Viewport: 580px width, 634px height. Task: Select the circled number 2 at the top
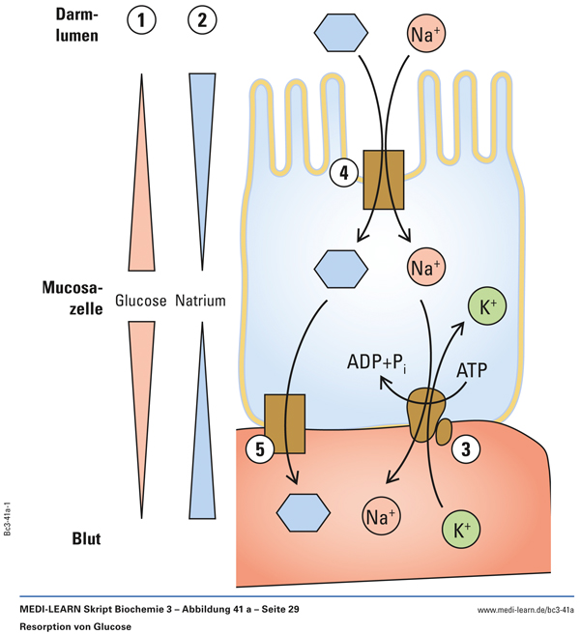201,21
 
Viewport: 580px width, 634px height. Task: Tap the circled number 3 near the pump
467,448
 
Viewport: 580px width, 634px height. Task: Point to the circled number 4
342,173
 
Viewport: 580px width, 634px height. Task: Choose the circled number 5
258,448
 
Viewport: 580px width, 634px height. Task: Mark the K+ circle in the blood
458,529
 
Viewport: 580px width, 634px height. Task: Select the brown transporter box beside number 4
383,179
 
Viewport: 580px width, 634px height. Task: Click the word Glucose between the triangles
141,301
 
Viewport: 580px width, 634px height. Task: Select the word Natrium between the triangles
200,301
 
